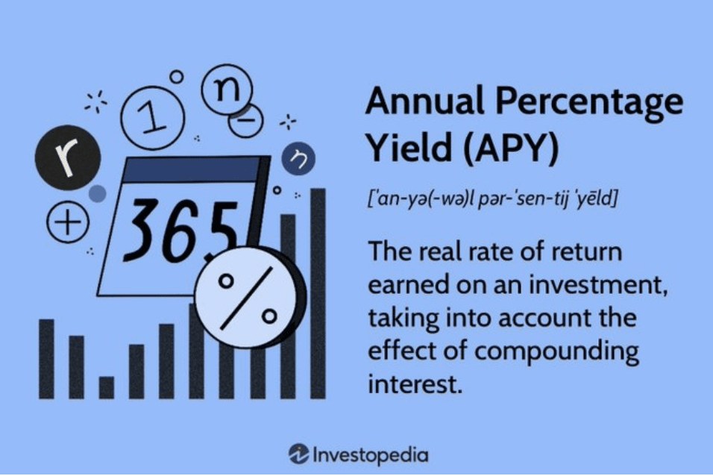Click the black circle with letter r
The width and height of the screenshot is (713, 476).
68,157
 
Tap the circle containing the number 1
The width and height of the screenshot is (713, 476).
153,118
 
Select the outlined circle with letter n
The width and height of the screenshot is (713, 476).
227,90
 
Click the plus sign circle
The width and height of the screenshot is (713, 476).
68,222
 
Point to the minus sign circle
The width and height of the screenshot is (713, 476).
246,119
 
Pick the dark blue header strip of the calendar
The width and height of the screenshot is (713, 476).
193,169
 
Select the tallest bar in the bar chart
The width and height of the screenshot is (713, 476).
318,293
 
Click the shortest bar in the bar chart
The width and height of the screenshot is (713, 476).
107,388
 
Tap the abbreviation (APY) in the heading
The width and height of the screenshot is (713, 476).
511,148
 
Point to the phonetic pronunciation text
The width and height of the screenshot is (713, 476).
492,198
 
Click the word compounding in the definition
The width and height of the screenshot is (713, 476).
556,351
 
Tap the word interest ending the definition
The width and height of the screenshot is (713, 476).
415,384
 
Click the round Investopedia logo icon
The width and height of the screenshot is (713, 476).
299,454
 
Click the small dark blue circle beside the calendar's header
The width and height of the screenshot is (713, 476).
298,158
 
